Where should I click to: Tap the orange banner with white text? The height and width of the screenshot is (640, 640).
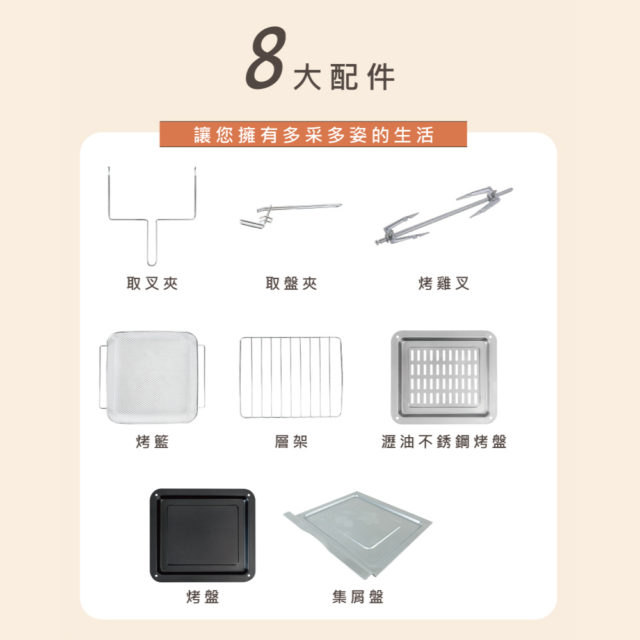(314, 134)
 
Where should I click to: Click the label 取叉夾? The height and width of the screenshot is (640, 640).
(152, 284)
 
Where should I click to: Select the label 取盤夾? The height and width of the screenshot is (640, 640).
(291, 284)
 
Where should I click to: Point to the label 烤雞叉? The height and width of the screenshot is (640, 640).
(444, 284)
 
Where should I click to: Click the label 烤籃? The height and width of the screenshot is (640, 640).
(152, 442)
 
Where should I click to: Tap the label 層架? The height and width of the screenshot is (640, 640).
(291, 442)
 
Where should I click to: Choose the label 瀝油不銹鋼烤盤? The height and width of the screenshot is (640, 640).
(444, 442)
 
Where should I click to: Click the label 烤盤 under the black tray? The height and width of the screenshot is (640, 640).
(202, 597)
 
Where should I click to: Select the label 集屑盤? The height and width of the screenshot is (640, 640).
(358, 597)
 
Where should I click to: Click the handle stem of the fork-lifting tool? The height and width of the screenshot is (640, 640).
(152, 243)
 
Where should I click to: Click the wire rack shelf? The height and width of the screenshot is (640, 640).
(291, 378)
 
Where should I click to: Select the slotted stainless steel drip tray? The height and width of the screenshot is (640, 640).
(444, 376)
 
